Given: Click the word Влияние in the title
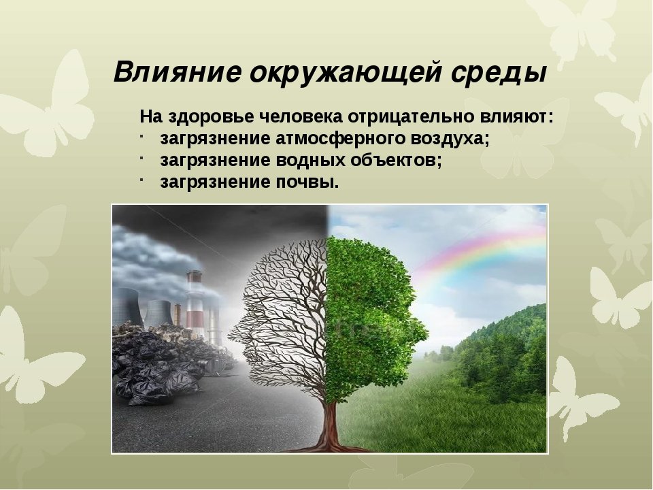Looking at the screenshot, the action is [178, 72].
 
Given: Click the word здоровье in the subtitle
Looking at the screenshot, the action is [214, 117].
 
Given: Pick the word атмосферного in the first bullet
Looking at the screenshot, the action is [341, 139].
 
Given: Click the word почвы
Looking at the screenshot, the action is [307, 182].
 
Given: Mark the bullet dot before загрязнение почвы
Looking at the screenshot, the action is [142, 178].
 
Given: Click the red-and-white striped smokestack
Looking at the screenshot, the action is [195, 304].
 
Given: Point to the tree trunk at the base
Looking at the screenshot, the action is [331, 425].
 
